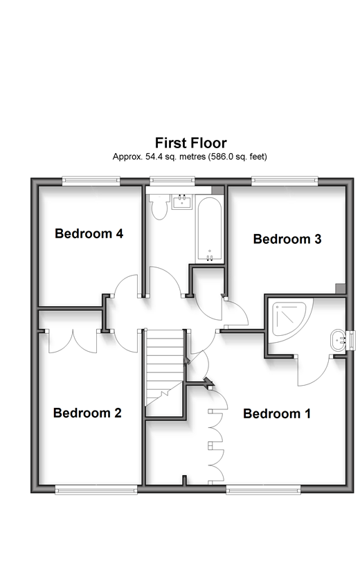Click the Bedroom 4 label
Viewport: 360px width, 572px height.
click(x=89, y=233)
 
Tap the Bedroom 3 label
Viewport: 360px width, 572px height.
click(x=287, y=239)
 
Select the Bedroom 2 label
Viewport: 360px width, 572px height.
click(x=87, y=413)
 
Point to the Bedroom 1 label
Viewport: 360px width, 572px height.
click(x=277, y=413)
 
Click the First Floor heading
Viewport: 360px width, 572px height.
click(x=191, y=143)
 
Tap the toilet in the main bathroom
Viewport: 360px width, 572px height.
click(x=159, y=206)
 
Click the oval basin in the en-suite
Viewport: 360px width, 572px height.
click(x=338, y=341)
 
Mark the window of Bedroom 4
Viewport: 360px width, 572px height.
click(x=91, y=180)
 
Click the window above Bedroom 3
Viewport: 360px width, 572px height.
click(x=285, y=180)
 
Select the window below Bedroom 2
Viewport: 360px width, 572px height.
click(x=96, y=490)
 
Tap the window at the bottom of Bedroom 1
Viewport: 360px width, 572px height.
click(x=263, y=490)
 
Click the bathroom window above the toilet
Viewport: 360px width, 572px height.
click(x=172, y=180)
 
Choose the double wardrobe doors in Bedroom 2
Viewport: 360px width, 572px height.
click(x=73, y=341)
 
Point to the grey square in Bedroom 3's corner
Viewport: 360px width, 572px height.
click(x=341, y=289)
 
